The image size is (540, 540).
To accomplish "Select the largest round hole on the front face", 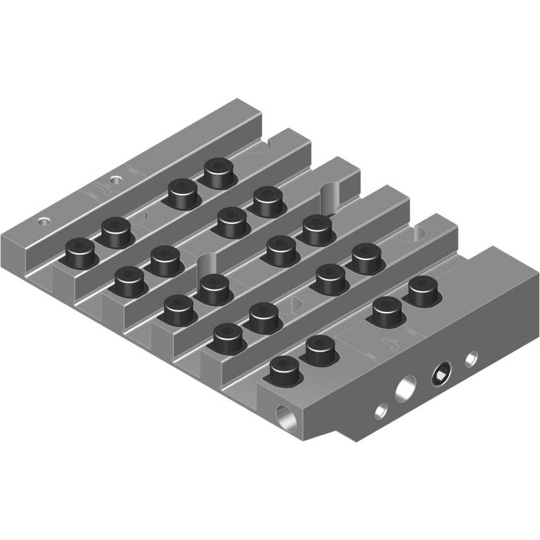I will pos(406,389).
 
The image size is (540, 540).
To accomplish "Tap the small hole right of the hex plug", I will pos(471,357).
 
